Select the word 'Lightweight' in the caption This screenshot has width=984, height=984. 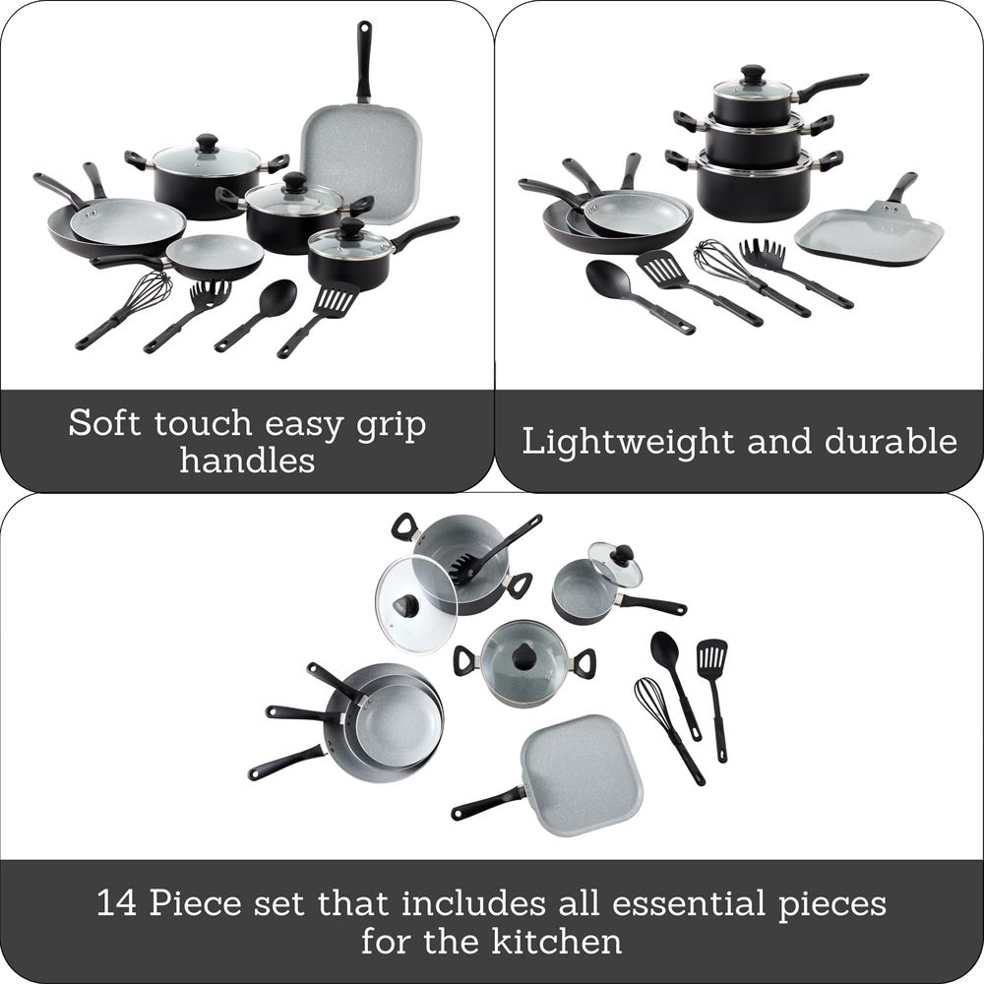pos(627,443)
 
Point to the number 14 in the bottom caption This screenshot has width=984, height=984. pos(117,903)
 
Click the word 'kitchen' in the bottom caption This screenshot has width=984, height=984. pos(557,942)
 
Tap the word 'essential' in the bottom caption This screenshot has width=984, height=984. pos(689,903)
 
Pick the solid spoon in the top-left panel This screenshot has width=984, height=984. pos(256,316)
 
